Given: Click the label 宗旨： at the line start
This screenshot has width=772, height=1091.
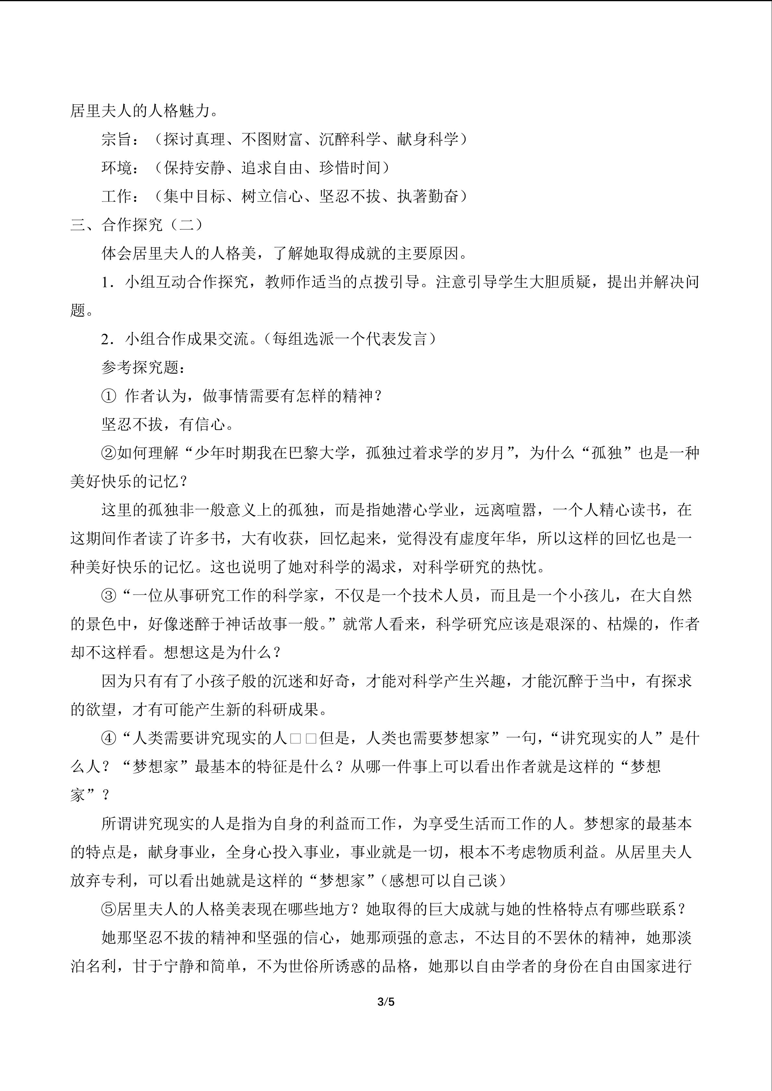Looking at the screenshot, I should [121, 139].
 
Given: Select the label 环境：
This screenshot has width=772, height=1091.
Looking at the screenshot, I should [121, 168].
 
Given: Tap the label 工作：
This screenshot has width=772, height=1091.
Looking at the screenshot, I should [121, 196].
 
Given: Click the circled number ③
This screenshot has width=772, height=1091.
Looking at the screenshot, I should [109, 595].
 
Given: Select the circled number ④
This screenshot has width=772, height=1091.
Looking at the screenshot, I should [109, 738].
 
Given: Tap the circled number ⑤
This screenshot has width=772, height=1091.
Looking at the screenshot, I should [109, 909].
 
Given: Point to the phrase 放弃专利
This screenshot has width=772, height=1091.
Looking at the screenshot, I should [101, 880].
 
